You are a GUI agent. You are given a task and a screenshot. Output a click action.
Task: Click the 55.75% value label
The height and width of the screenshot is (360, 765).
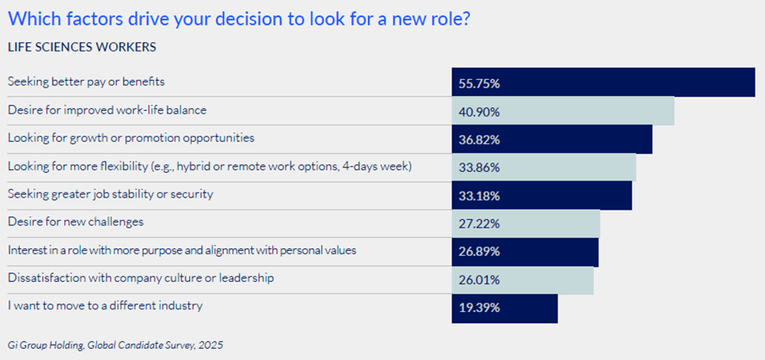point(480,83)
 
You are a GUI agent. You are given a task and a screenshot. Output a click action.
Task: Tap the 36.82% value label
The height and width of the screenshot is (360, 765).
point(480,139)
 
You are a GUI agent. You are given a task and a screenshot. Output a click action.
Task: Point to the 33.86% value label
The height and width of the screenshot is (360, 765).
point(480,168)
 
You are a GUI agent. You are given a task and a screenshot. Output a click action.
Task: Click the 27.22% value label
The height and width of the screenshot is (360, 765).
point(480,223)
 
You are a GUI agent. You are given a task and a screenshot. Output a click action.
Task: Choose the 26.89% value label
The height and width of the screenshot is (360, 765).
point(480,251)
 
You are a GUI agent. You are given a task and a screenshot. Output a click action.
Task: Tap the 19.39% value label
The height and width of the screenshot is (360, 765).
point(480,307)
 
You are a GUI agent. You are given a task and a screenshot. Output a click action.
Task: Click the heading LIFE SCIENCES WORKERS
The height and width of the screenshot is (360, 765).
point(81,46)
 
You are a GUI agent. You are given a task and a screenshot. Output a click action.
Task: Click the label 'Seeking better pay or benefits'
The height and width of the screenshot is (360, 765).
point(86,82)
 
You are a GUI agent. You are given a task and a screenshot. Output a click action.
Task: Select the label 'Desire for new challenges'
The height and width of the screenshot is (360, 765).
point(75,222)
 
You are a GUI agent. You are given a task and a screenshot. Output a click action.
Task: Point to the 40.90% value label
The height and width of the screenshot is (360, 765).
point(480,112)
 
